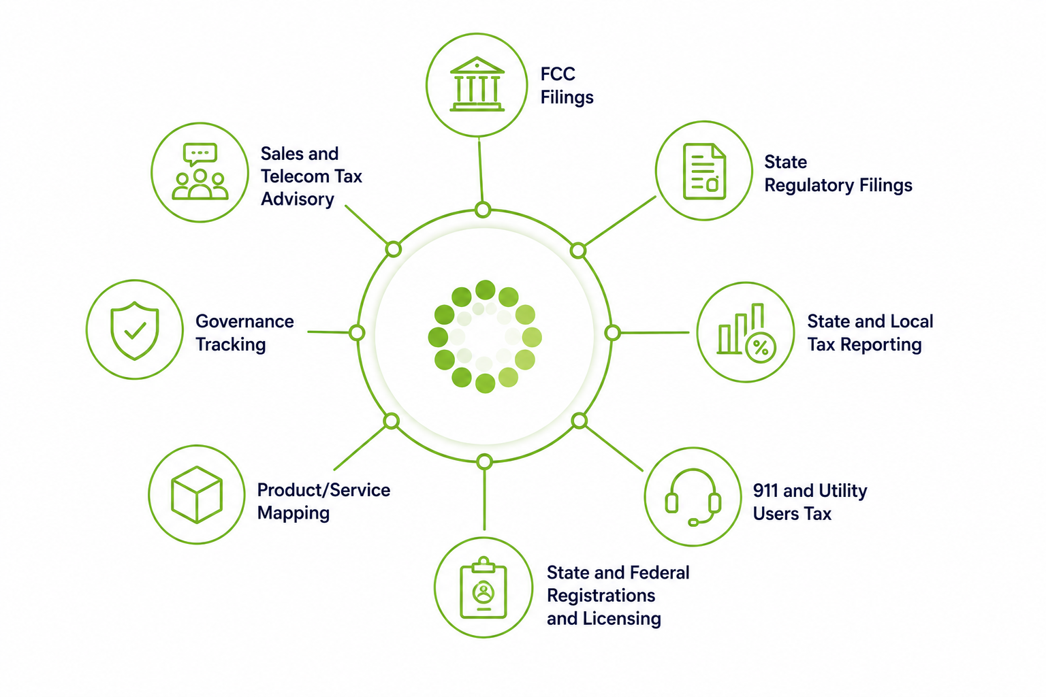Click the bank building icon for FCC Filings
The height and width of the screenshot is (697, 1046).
477,84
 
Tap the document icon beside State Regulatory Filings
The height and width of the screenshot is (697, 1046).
704,171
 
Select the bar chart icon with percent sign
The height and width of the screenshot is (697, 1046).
746,333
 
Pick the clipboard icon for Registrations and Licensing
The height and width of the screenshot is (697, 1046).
484,587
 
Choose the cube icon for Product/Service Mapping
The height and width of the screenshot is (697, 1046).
197,494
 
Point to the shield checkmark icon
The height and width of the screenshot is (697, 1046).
134,330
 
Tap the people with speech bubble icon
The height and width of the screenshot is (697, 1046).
200,172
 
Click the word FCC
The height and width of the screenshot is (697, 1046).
558,74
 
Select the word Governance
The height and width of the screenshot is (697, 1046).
244,322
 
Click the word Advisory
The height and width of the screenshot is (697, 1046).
298,199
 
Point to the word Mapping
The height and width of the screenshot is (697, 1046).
294,513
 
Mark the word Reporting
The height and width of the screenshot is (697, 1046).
881,345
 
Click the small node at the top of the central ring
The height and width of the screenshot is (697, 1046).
483,210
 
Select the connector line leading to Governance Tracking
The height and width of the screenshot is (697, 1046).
328,332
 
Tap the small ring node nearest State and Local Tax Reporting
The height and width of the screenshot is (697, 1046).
612,333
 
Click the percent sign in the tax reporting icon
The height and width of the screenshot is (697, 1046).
761,348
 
